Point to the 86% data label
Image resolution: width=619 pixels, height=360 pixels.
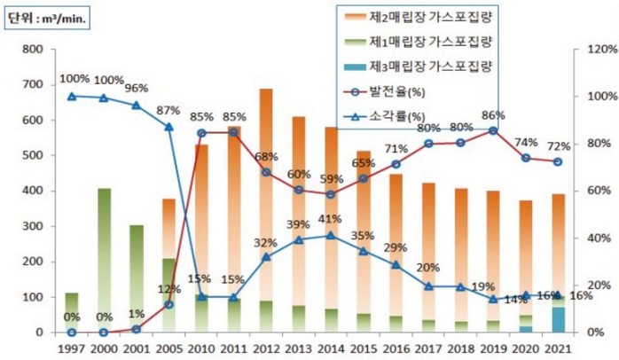point(492,115)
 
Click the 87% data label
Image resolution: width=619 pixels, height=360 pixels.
point(169,110)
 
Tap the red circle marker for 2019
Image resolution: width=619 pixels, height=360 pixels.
point(493,130)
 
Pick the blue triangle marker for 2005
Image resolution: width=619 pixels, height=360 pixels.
point(168,127)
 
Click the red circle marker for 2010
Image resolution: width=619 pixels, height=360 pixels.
point(201,133)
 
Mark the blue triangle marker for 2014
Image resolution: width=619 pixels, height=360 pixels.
point(331,235)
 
